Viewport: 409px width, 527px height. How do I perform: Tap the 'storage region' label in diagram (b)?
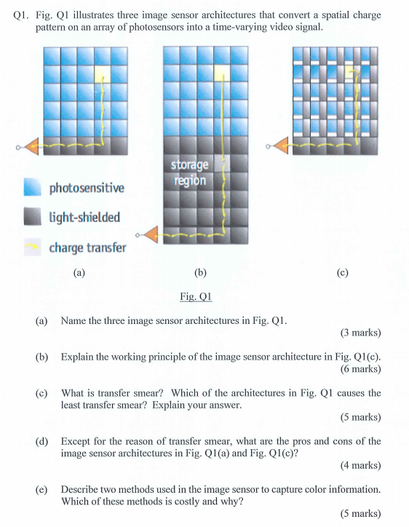point(188,173)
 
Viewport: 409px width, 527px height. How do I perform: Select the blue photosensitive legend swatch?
point(33,188)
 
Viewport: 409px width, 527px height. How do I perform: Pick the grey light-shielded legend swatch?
point(33,218)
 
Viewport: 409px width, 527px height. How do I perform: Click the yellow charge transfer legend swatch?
point(33,248)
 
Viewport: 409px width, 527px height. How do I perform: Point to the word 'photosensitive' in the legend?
point(86,189)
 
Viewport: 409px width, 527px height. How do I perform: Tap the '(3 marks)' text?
point(360,333)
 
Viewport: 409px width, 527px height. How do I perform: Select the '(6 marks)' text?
point(360,368)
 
